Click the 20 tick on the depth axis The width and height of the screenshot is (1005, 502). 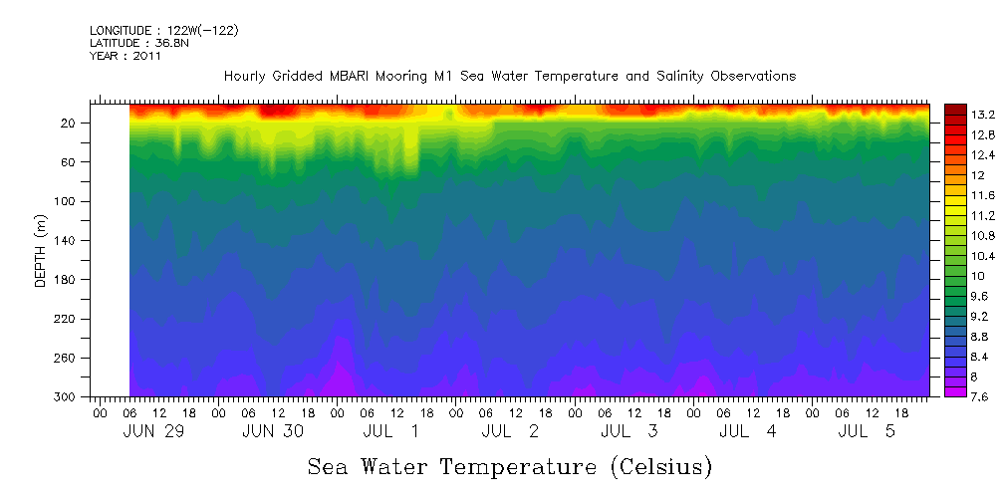(70, 123)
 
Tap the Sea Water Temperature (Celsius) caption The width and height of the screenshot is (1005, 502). (509, 466)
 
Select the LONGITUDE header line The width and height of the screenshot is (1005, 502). (163, 31)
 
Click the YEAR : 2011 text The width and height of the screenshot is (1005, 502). (126, 56)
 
